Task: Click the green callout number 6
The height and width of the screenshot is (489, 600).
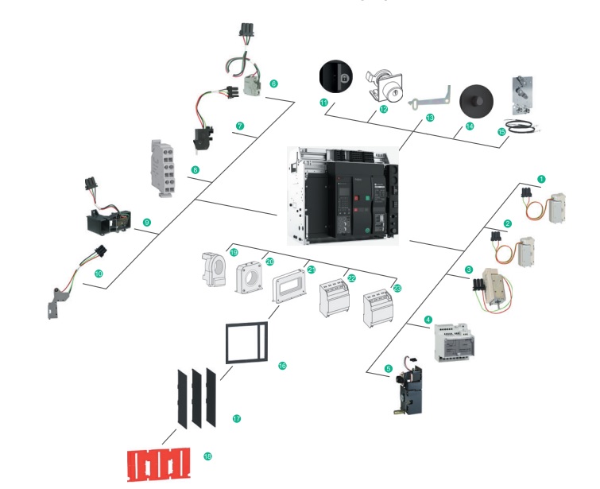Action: click(x=273, y=83)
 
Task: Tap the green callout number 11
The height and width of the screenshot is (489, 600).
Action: click(x=323, y=104)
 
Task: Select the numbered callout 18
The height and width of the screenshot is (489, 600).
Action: click(x=207, y=456)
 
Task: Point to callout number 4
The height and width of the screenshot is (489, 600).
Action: click(x=428, y=320)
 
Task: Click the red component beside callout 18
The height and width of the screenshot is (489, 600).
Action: click(x=159, y=463)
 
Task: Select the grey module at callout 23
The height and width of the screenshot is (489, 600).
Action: click(x=377, y=309)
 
